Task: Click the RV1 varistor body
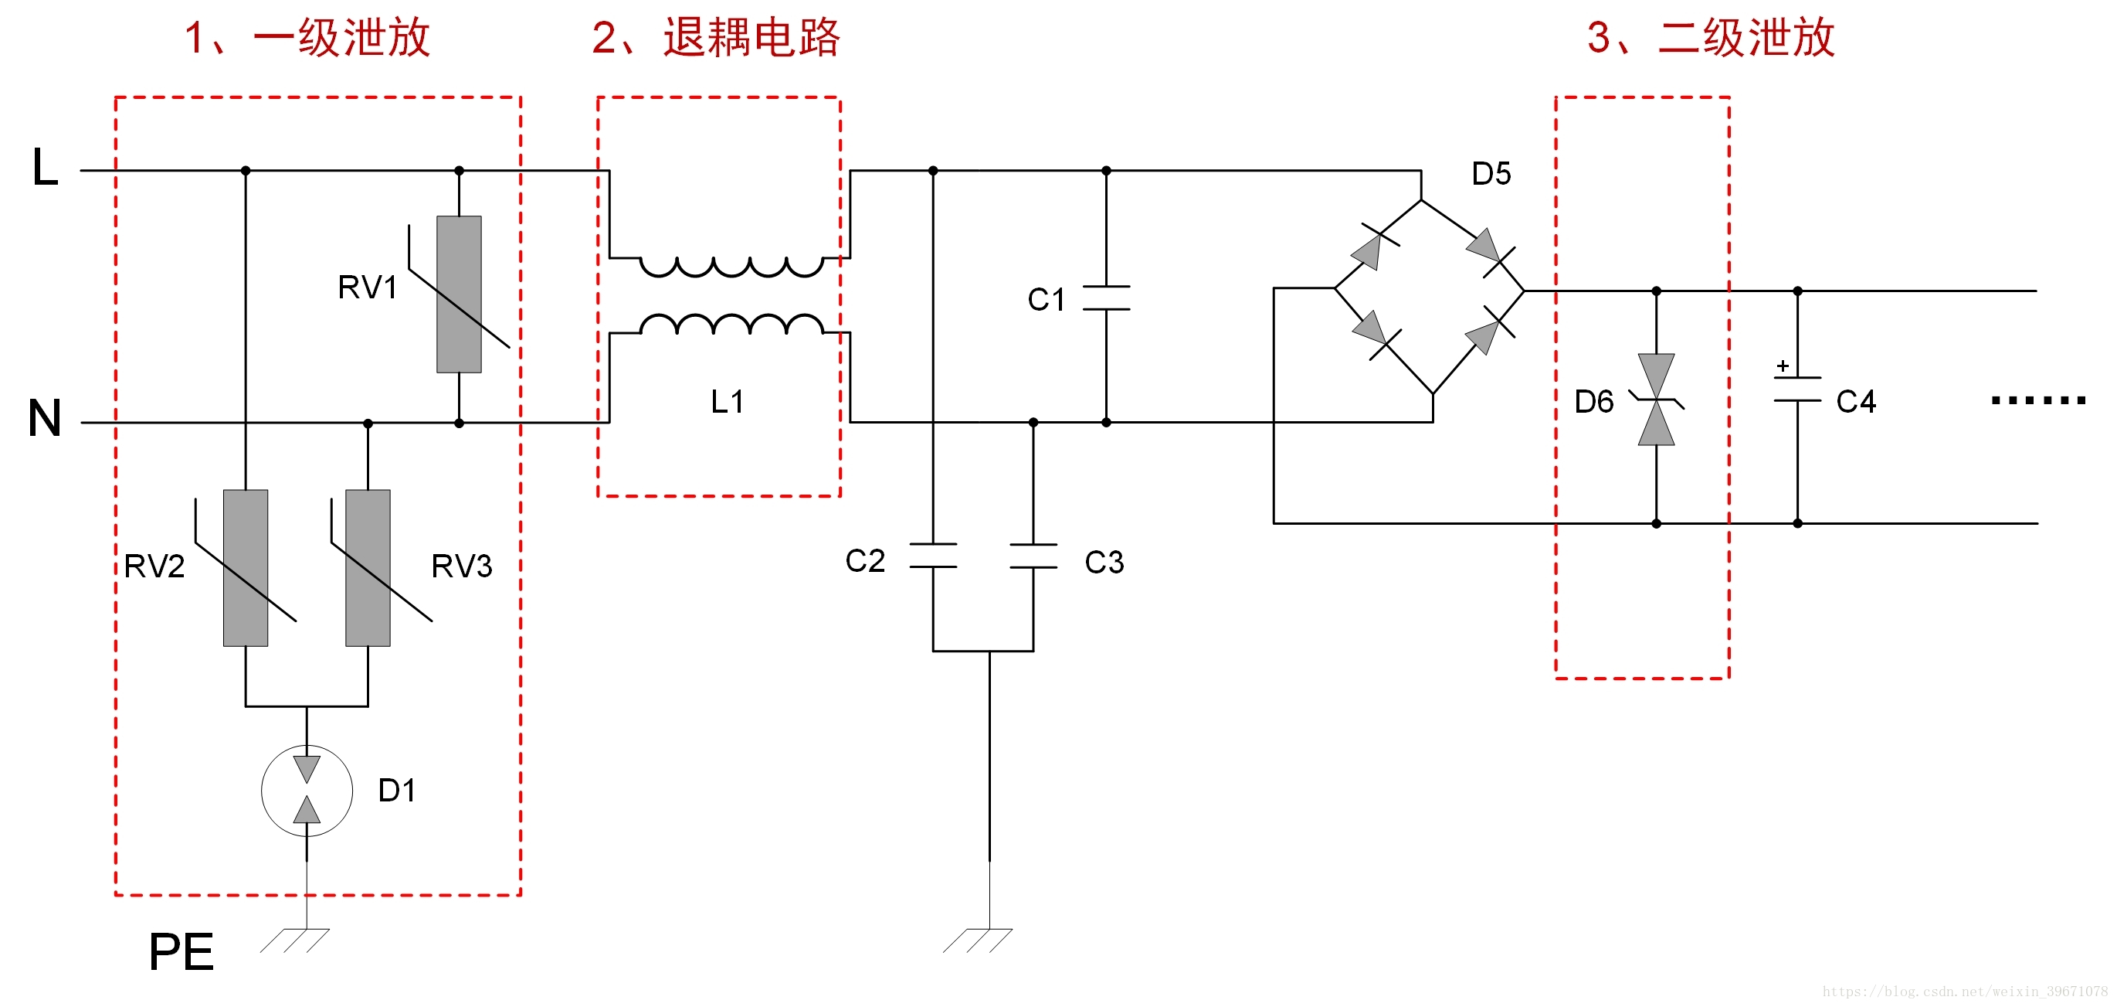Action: [459, 294]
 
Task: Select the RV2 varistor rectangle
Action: [246, 568]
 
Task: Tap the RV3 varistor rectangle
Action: [368, 568]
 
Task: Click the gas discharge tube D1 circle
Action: [307, 790]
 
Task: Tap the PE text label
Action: [181, 952]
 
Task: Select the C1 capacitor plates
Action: [1106, 298]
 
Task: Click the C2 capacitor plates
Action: [933, 556]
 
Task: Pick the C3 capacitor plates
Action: [1033, 556]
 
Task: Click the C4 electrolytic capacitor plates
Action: [1797, 389]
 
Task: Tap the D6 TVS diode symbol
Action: [1656, 400]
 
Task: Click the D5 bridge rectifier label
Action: [1491, 174]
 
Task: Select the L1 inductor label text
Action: [728, 402]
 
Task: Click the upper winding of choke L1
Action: [731, 267]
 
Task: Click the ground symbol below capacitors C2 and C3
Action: [977, 941]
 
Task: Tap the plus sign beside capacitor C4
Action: [1783, 366]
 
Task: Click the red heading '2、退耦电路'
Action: [715, 38]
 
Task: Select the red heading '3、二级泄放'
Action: [1710, 38]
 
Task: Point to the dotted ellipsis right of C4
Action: [2037, 400]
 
